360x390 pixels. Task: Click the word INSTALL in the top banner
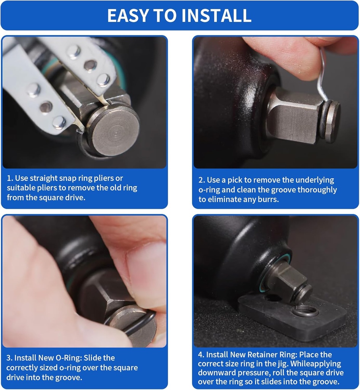point(216,15)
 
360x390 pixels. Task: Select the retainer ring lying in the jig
point(305,311)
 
